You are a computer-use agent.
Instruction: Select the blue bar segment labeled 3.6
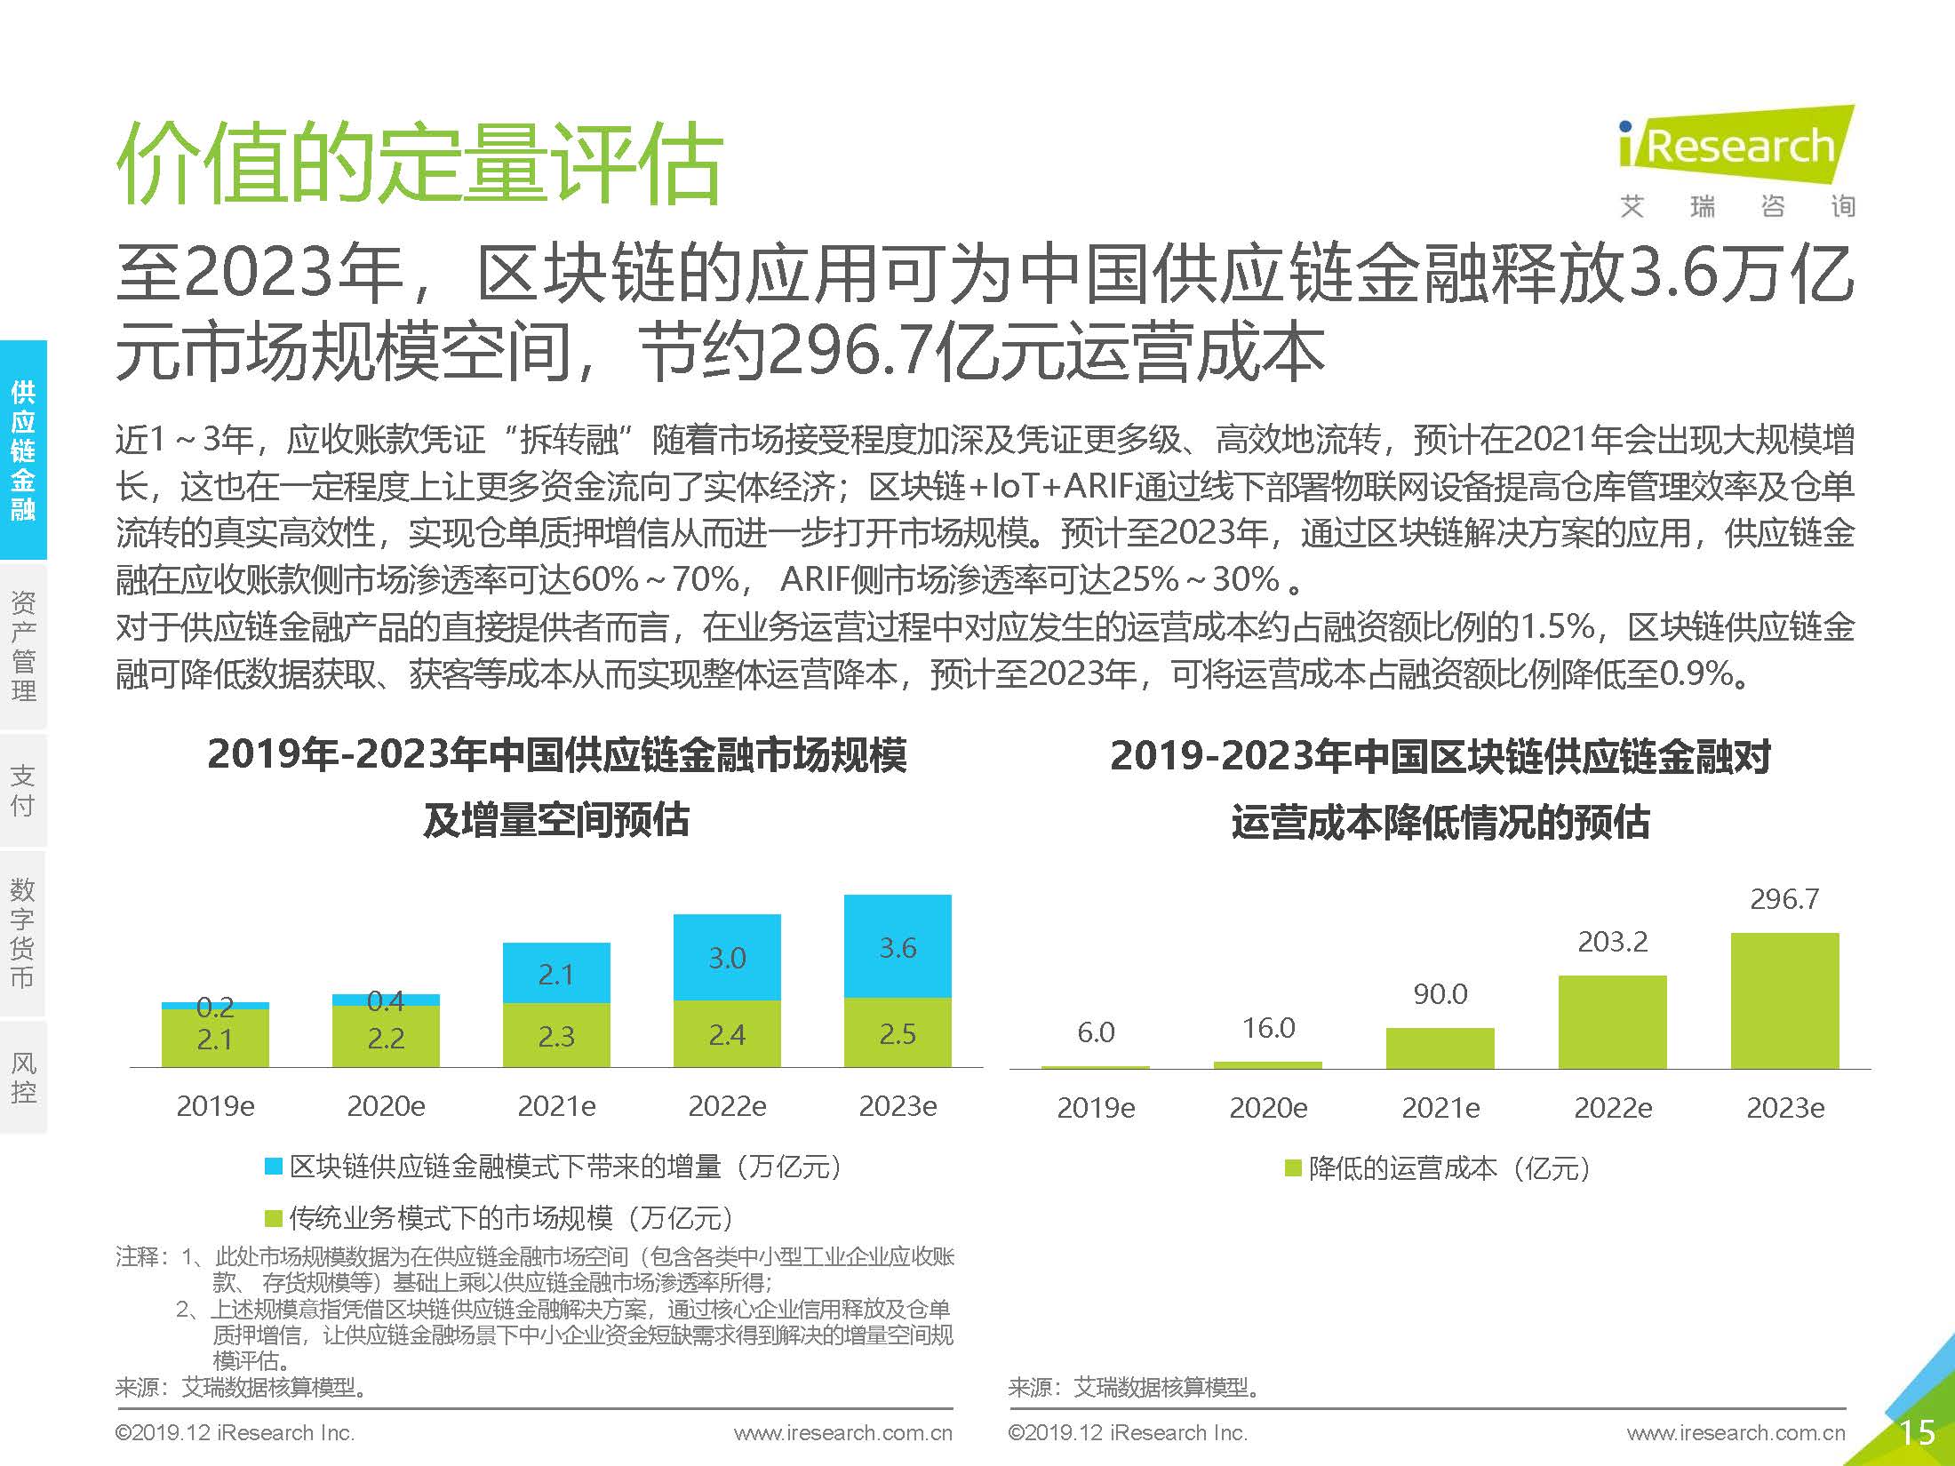coord(898,946)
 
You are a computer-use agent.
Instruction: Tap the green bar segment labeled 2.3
coord(556,1035)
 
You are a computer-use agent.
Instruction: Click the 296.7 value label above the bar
coord(1784,899)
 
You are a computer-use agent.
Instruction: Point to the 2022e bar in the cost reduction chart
coord(1612,1022)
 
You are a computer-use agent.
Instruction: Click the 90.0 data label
coord(1440,993)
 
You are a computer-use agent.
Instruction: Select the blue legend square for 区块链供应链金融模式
coord(274,1167)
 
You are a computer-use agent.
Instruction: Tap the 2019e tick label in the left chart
coord(215,1106)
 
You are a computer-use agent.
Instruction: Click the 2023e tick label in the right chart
coord(1784,1108)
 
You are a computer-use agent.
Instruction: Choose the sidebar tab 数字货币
coord(23,933)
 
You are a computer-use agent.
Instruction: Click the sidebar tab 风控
coord(23,1077)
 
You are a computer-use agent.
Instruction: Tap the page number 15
coord(1916,1432)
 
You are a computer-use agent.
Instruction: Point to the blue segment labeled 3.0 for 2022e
coord(727,957)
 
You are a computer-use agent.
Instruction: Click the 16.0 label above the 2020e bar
coord(1268,1028)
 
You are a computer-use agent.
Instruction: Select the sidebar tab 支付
coord(23,790)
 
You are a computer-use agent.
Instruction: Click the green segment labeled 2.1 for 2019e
coord(215,1039)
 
